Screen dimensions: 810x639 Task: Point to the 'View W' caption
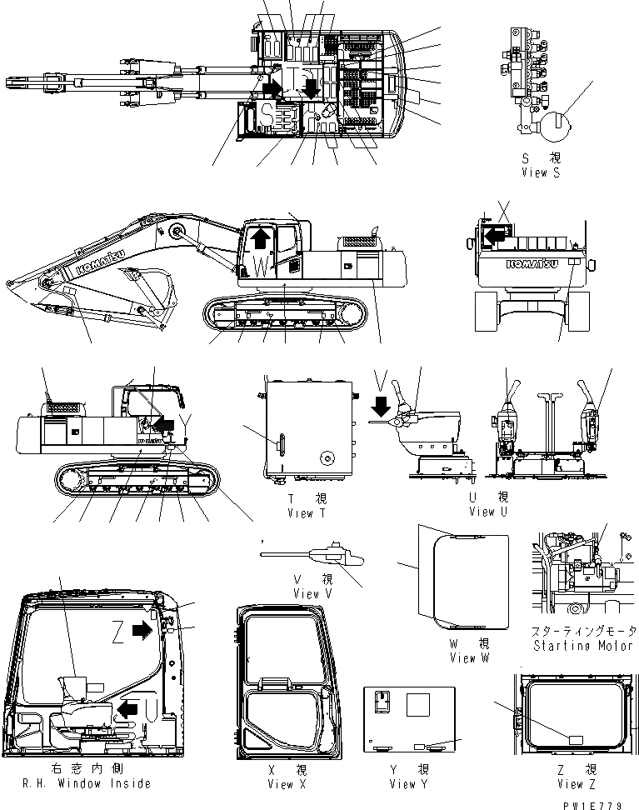point(474,657)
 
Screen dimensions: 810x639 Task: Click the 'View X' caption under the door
point(282,784)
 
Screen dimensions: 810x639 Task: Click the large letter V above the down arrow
point(380,380)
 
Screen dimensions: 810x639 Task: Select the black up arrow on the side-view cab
point(261,240)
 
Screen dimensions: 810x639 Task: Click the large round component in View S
point(552,131)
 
